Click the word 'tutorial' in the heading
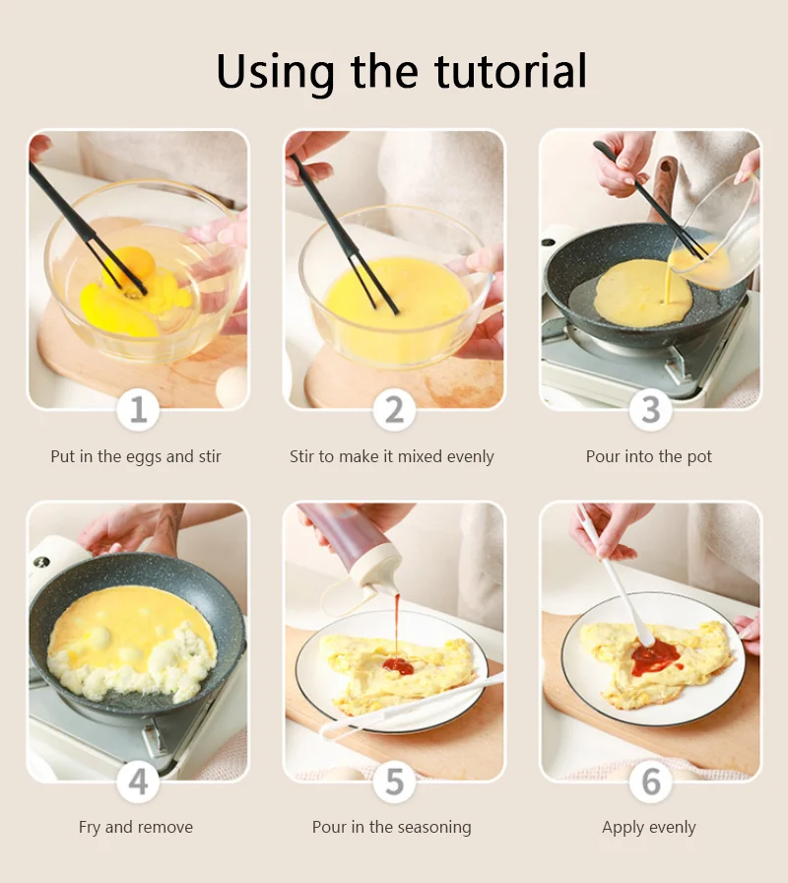(510, 72)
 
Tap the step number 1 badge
(139, 409)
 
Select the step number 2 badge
(395, 409)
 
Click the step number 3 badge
(651, 409)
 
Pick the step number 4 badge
(139, 781)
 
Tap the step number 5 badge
(395, 781)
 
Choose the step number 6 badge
(651, 781)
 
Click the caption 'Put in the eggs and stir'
(136, 456)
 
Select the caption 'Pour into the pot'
(649, 456)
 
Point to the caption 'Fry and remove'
(136, 827)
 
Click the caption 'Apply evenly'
(649, 828)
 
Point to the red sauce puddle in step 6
(656, 657)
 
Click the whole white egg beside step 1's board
(231, 387)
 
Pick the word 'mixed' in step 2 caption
(419, 456)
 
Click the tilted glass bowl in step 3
(718, 232)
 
